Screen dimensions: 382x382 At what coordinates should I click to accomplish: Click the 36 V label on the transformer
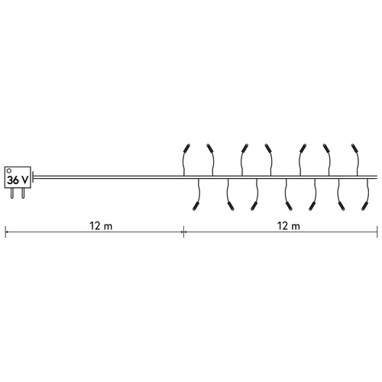coord(18,180)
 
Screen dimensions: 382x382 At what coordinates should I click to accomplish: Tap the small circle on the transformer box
coord(9,170)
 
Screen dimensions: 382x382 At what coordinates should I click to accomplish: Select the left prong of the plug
coord(12,193)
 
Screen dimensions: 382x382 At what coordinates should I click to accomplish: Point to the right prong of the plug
coord(23,193)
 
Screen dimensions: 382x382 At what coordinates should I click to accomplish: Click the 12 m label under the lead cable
coord(101,226)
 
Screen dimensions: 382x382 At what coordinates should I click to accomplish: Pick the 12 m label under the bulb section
coord(289,226)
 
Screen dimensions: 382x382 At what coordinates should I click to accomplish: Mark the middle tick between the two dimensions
coord(183,232)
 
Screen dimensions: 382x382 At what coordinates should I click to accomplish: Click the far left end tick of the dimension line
coord(5,232)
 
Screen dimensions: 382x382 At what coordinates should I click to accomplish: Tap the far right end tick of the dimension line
coord(377,232)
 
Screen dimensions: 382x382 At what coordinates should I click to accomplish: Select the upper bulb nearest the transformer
coord(187,148)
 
